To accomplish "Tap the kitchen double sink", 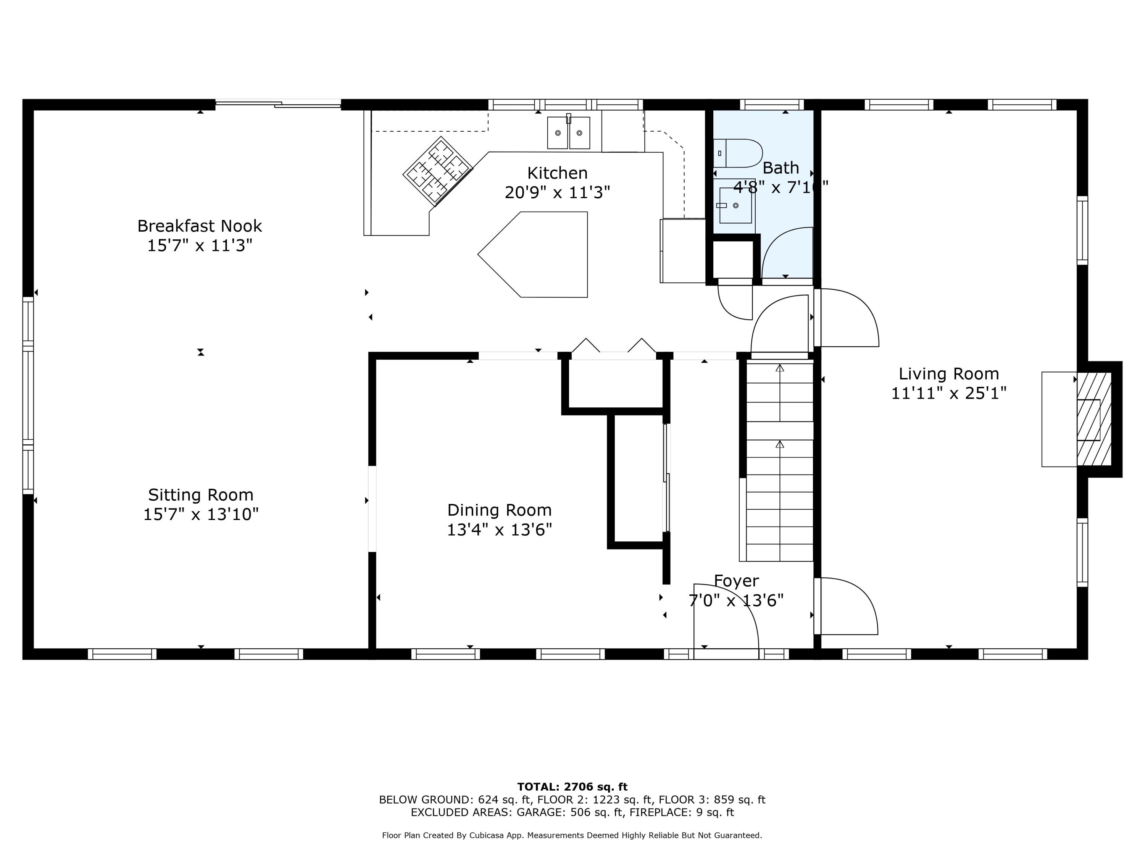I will click(568, 133).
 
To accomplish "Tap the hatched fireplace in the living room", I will click(1094, 420).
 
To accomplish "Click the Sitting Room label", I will click(201, 495).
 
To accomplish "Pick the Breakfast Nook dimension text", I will click(200, 245).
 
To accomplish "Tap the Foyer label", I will click(736, 581).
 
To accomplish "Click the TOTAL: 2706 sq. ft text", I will click(572, 787).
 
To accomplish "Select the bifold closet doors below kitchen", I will click(614, 347).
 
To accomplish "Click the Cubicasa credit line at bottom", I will click(572, 835).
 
